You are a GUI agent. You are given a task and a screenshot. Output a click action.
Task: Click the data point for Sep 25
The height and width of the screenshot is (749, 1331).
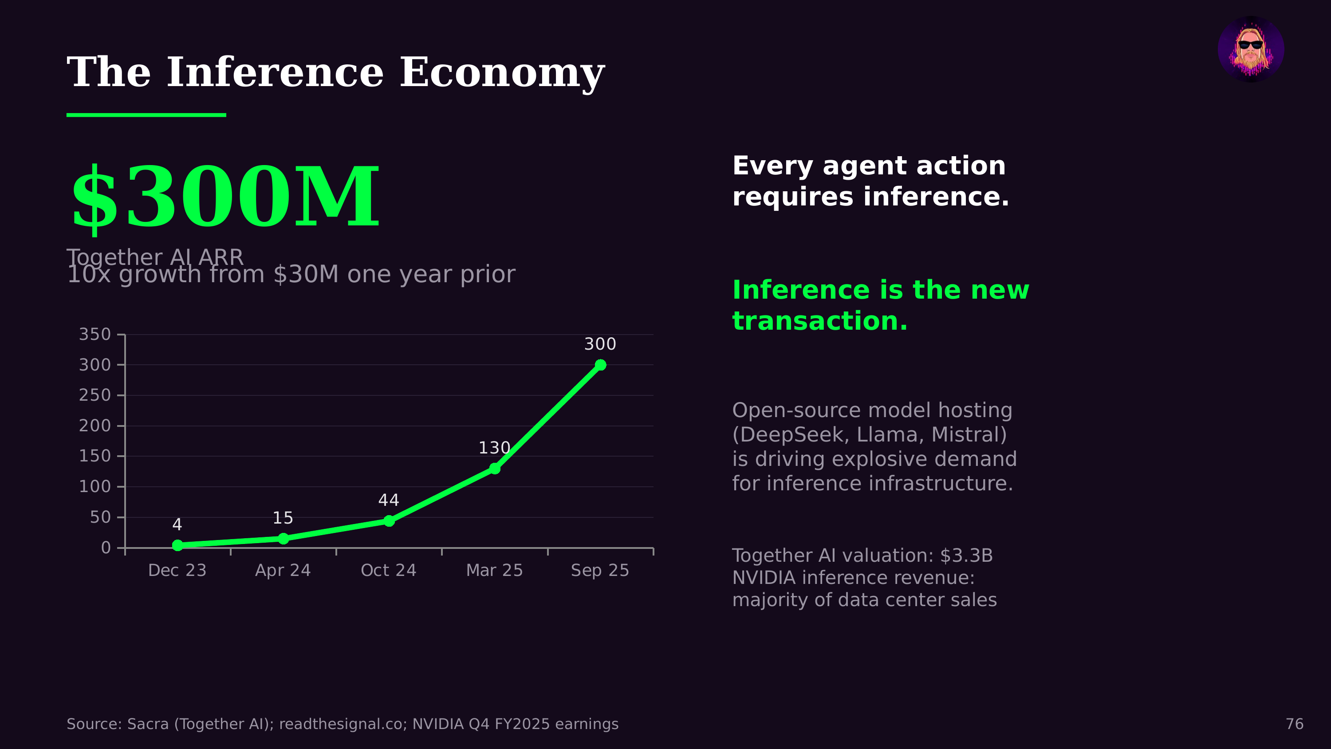(600, 365)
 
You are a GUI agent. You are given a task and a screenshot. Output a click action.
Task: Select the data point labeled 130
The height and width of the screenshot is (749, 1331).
(495, 468)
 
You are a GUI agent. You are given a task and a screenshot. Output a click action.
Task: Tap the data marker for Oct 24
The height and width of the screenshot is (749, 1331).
(389, 520)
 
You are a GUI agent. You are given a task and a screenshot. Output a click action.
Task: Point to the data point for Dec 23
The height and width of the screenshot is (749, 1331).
(177, 545)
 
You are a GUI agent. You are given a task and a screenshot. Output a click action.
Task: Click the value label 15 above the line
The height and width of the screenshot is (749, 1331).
(283, 518)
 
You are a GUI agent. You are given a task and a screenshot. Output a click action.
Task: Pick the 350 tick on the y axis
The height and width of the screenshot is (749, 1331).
(95, 335)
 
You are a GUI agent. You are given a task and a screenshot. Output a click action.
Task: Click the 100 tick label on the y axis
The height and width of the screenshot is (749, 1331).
(95, 486)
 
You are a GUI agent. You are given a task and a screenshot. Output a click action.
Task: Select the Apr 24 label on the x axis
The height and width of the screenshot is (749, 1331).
(283, 570)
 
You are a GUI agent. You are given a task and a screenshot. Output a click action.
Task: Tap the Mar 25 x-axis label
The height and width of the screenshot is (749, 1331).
(495, 570)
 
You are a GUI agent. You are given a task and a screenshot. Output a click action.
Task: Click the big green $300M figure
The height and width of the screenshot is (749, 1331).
(225, 197)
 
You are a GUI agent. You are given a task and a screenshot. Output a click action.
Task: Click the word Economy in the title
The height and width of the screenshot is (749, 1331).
(502, 73)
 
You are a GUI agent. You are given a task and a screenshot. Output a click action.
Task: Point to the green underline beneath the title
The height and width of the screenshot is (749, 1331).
(146, 115)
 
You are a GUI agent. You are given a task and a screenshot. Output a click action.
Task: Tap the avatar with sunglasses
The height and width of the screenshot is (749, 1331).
(1250, 49)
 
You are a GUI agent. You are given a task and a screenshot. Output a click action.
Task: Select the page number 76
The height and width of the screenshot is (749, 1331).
(1294, 724)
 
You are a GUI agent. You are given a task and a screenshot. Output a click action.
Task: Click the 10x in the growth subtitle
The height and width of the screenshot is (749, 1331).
(89, 275)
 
